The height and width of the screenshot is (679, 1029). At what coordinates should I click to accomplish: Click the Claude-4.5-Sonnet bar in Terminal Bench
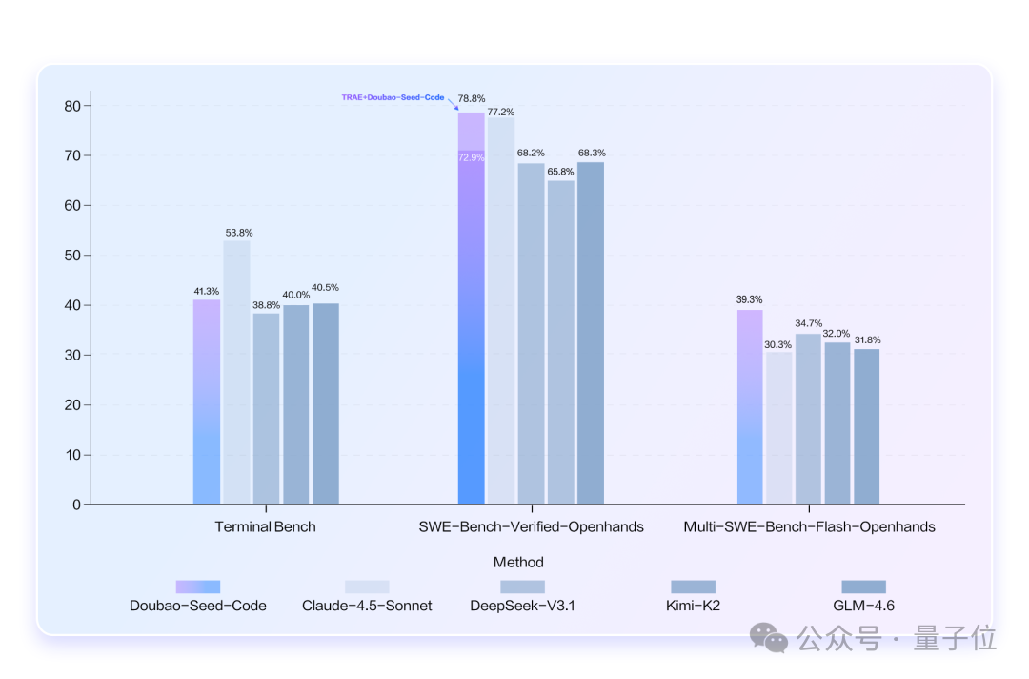click(237, 372)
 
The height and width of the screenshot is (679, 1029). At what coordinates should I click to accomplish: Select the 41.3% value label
click(207, 291)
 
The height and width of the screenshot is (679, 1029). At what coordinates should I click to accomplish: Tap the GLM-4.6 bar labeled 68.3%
click(591, 333)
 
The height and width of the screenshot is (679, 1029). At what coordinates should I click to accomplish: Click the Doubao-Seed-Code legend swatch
click(198, 586)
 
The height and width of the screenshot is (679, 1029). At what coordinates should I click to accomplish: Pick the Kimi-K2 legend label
click(693, 606)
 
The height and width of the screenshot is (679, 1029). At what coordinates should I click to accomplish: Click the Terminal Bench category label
click(265, 526)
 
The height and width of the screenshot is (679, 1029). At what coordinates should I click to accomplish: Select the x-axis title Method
click(518, 562)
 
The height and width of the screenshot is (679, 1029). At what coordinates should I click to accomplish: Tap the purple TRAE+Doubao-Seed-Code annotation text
click(393, 97)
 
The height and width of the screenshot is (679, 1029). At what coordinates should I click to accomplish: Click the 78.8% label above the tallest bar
click(472, 98)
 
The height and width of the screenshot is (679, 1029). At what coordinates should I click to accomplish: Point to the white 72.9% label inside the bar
click(471, 157)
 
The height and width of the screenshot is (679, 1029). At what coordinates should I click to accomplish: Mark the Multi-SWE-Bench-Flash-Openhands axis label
click(809, 526)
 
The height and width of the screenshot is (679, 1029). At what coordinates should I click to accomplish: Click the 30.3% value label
click(778, 344)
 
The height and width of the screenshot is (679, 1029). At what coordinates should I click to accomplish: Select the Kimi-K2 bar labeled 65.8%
click(561, 342)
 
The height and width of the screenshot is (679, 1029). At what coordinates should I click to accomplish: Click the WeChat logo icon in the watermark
click(768, 637)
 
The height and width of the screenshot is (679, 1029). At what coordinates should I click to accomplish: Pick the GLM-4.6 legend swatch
click(863, 586)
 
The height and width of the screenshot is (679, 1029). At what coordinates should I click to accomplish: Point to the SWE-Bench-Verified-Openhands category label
click(532, 526)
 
